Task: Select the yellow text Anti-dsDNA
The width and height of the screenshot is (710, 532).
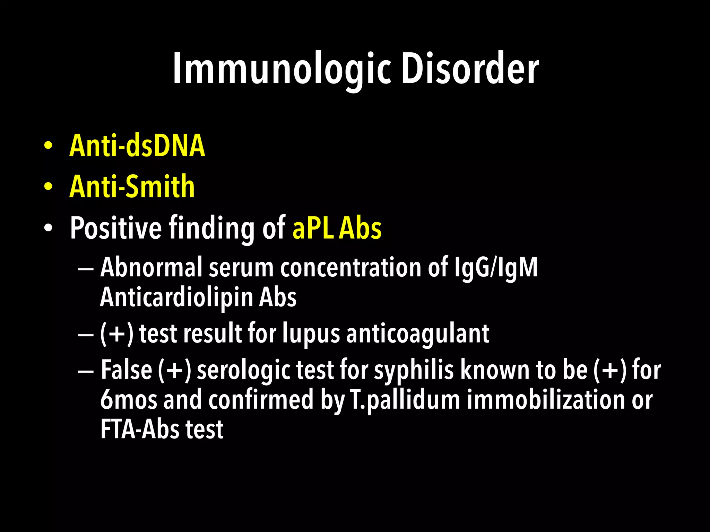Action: [x=137, y=146]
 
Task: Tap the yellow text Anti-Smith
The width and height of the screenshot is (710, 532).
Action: [x=132, y=187]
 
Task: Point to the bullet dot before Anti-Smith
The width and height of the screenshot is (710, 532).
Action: [x=48, y=187]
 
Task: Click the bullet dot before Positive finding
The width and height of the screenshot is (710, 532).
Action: [x=48, y=228]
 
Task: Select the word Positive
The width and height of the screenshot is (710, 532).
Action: [x=116, y=228]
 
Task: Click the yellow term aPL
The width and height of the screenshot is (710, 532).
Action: [x=313, y=228]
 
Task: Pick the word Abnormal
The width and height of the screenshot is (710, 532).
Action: [x=151, y=267]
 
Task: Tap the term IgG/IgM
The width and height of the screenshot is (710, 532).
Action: [x=496, y=267]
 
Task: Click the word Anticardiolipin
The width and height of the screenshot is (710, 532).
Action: [x=176, y=297]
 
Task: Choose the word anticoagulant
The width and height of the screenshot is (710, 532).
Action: [x=418, y=334]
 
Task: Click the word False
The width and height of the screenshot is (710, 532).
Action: [x=127, y=370]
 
